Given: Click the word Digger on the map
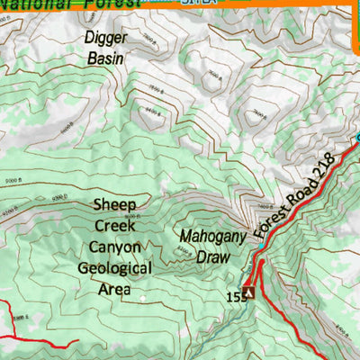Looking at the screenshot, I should [x=106, y=39].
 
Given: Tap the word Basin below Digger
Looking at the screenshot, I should [x=105, y=58].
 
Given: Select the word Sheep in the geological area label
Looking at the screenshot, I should [x=114, y=204].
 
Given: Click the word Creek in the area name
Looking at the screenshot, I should [x=114, y=225].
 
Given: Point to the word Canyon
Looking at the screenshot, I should [x=114, y=246].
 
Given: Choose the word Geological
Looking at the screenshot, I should [x=114, y=267].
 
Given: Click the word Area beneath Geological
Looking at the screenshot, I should [x=114, y=289].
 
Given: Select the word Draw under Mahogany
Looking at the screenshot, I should [x=209, y=256].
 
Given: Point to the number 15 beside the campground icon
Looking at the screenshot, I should [x=233, y=295].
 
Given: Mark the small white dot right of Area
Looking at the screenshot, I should [x=142, y=292].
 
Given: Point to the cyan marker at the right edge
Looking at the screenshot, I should [x=356, y=137].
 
